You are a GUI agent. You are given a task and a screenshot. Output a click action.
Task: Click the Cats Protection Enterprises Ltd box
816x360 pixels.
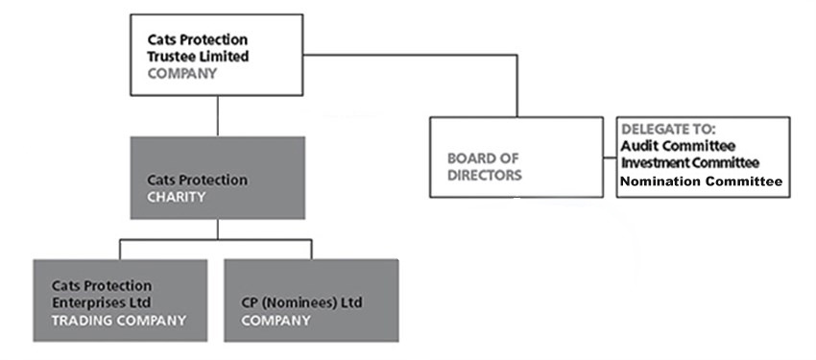tap(119, 300)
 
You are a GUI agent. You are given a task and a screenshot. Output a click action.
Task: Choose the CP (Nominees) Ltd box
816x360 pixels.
tap(311, 300)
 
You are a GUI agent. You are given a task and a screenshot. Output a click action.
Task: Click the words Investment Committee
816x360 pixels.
tap(690, 162)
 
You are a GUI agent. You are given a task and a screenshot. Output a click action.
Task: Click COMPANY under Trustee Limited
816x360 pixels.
tap(182, 72)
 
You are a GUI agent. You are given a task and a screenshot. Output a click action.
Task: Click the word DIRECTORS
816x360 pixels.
tap(484, 175)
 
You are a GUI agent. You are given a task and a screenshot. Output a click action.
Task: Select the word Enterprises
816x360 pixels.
tap(91, 302)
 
